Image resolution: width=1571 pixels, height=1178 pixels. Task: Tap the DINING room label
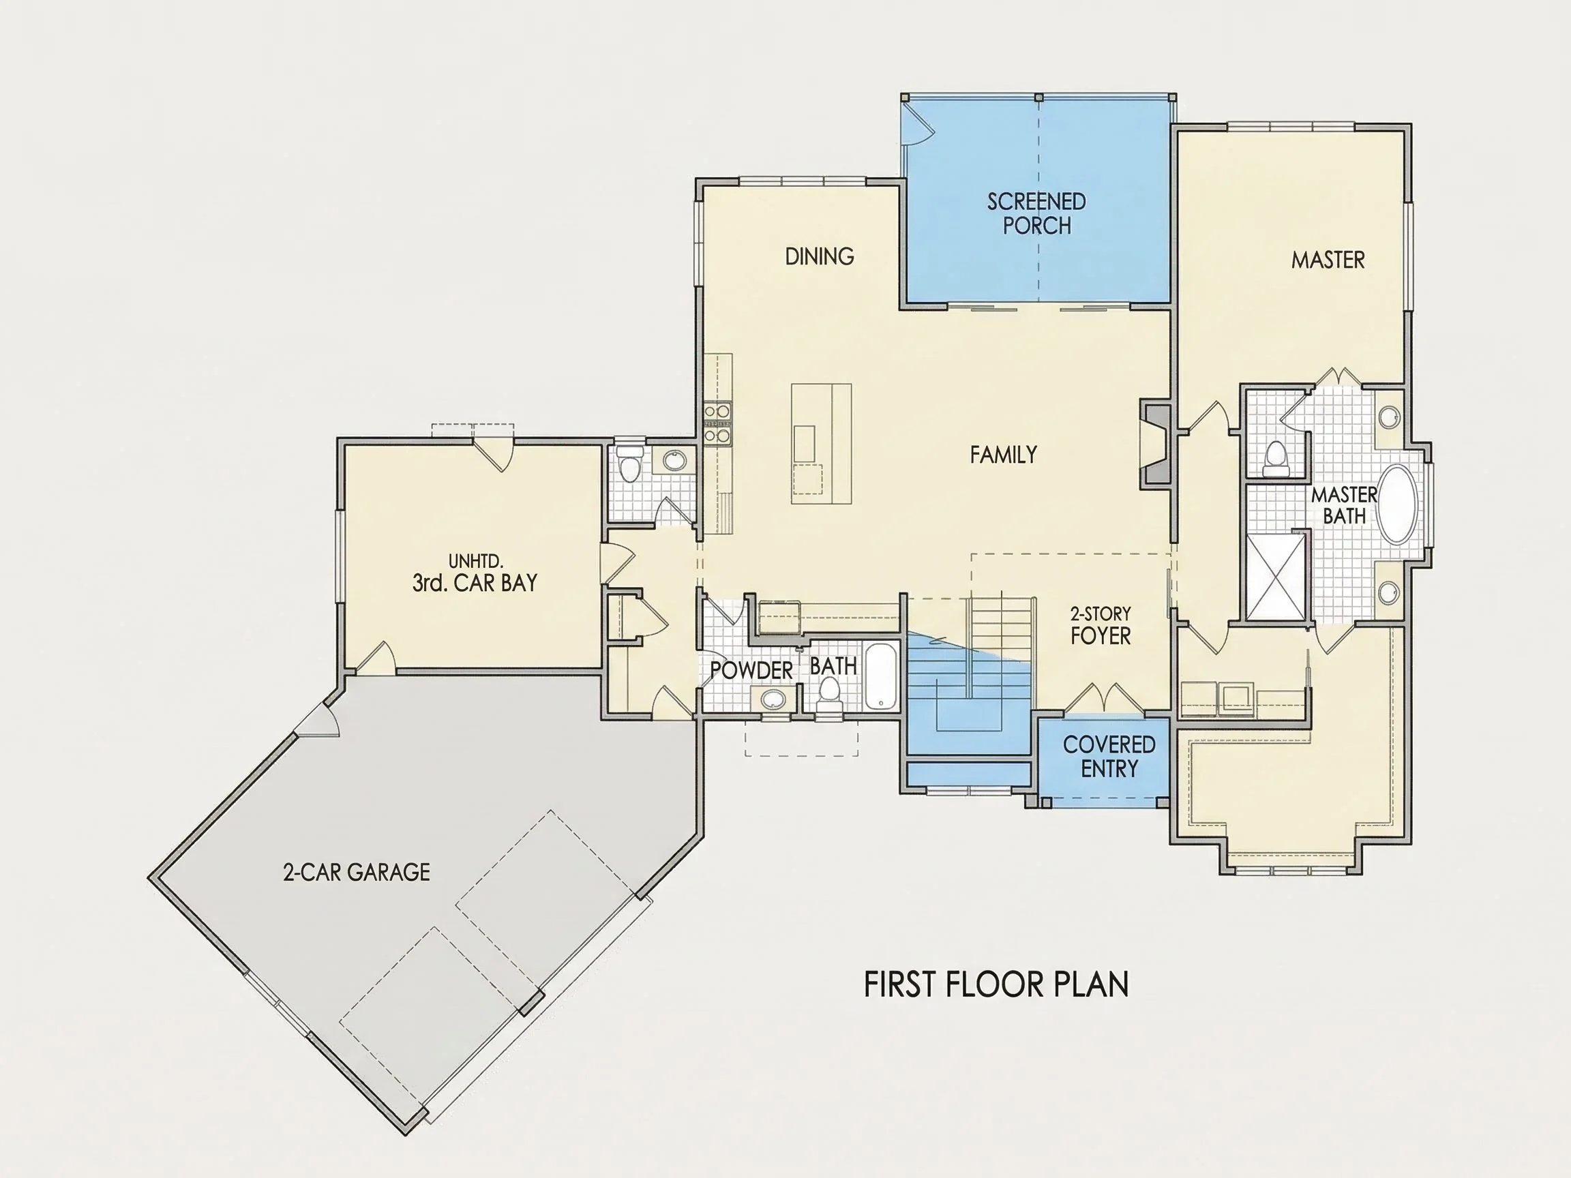[x=820, y=256]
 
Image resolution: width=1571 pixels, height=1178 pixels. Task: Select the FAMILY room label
[x=1004, y=455]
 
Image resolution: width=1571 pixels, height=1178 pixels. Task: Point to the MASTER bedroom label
[x=1328, y=260]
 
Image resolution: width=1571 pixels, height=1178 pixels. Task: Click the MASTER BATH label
[x=1344, y=506]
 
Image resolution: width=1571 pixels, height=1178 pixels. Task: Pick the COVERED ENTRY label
[x=1109, y=756]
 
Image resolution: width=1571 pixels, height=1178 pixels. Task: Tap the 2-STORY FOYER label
[x=1101, y=626]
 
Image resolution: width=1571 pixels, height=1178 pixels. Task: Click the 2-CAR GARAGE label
[x=357, y=872]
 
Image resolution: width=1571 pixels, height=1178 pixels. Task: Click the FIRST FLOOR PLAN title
[x=996, y=984]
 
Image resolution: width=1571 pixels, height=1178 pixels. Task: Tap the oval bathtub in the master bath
[x=1397, y=504]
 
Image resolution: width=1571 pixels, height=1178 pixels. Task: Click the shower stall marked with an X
[x=1276, y=577]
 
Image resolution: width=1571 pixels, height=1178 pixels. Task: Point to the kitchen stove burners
[x=717, y=424]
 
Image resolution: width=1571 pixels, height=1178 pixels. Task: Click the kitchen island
[x=822, y=444]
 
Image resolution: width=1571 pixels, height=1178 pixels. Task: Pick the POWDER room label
[x=751, y=670]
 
